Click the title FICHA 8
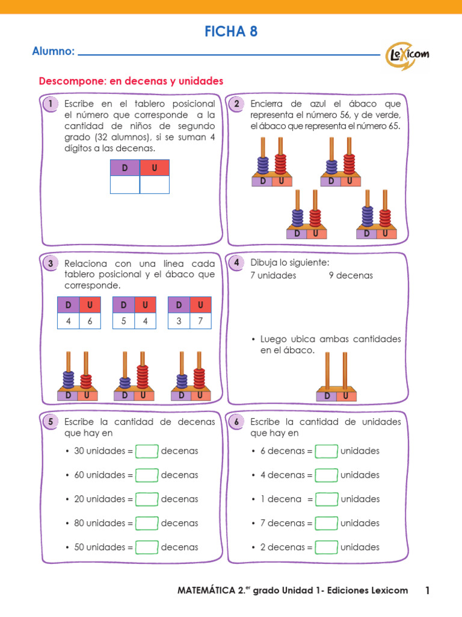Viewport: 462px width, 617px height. coord(231,32)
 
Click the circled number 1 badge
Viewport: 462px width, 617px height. coord(51,104)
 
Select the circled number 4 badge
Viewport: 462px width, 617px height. coord(237,263)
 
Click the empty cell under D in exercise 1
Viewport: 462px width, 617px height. coord(125,184)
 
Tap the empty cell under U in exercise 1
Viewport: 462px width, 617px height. coord(155,184)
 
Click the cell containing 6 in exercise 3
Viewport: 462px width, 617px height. coord(90,321)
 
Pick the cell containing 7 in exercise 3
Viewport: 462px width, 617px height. coord(200,321)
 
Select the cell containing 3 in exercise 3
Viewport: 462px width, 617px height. coord(179,321)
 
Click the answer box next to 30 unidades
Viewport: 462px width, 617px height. coord(147,451)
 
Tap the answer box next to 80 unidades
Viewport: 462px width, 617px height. coord(147,524)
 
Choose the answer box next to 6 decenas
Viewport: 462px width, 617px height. coord(327,451)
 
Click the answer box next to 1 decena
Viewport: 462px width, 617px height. coord(327,500)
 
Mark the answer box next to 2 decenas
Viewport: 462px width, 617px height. coord(327,548)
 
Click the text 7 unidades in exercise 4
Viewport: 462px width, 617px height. coord(273,276)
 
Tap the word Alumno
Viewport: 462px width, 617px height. coord(53,52)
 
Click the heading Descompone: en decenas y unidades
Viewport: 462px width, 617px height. coord(131,81)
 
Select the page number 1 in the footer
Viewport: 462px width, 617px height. coord(428,590)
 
